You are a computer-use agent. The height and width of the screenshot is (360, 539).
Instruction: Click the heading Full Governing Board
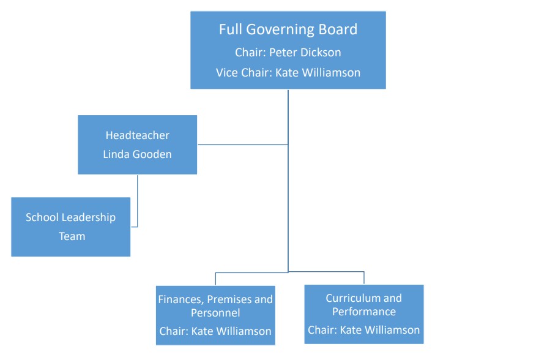point(288,29)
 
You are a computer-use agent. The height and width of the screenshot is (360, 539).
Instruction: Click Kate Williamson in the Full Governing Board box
point(318,72)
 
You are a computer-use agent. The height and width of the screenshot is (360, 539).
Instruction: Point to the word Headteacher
point(137,135)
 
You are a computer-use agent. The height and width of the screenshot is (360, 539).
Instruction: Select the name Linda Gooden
point(137,154)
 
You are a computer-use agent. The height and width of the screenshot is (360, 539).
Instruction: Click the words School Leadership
point(70,217)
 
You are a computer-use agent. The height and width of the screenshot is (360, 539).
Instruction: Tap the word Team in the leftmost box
point(71,236)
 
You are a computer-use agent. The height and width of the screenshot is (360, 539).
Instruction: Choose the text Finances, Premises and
point(215,299)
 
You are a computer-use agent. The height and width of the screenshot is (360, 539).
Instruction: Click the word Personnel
point(215,313)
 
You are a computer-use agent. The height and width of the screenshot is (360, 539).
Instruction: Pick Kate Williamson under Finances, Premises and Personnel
point(232,331)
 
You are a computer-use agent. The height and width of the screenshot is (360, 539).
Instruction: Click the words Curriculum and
point(363,298)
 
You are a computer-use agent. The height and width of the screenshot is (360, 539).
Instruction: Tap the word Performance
point(363,312)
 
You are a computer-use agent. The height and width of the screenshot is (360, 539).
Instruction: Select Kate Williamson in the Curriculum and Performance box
point(381,330)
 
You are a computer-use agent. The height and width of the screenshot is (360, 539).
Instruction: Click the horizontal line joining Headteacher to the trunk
point(242,144)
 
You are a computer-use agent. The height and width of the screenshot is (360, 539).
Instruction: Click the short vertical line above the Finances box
point(215,279)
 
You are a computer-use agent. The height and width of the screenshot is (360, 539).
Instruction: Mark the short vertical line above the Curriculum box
point(364,277)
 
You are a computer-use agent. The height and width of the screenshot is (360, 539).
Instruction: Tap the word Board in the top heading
point(338,29)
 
